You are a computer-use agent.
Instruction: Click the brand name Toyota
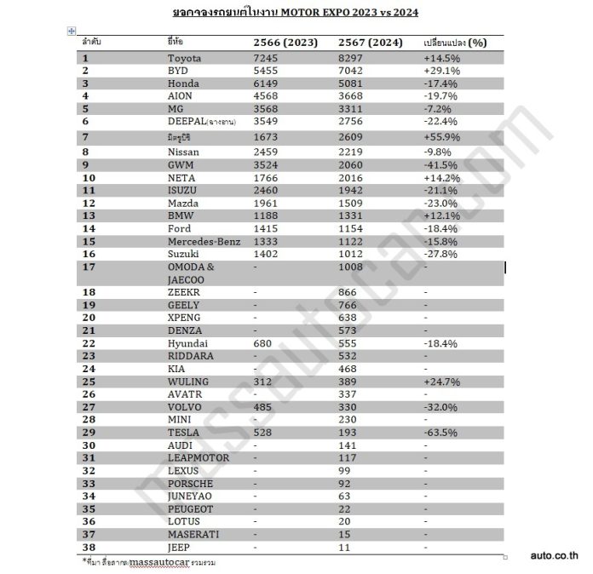click(185, 58)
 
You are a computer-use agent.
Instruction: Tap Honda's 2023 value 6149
click(267, 83)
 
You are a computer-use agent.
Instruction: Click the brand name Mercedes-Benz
click(204, 241)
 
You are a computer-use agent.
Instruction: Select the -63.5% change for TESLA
click(440, 433)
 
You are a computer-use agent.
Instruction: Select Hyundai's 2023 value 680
click(263, 343)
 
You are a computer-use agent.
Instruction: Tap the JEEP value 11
click(343, 547)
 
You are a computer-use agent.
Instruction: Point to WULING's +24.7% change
click(441, 382)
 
